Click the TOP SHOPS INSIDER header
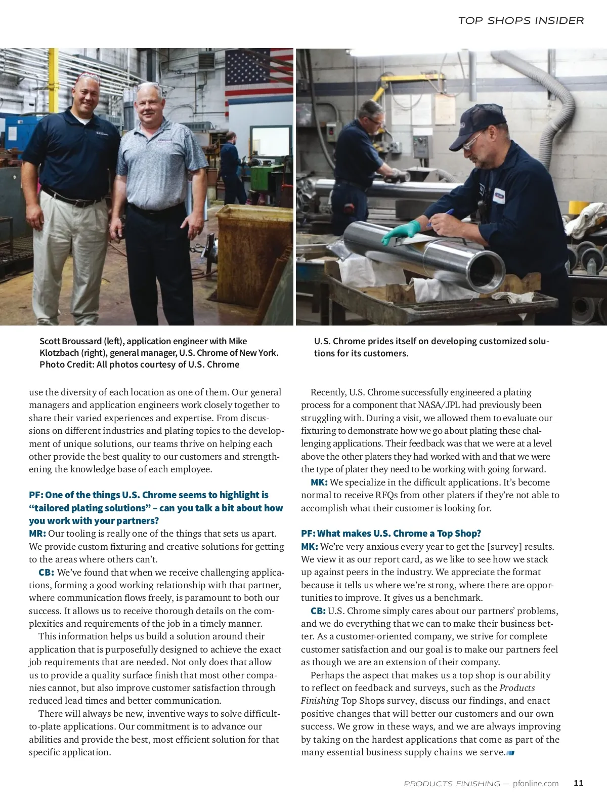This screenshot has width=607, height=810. point(521,21)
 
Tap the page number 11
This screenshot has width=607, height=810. point(579,783)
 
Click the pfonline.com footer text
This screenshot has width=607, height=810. point(536,784)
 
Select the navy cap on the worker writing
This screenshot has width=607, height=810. point(478,124)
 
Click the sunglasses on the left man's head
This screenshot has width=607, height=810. point(88,77)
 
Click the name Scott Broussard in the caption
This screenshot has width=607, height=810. point(71,341)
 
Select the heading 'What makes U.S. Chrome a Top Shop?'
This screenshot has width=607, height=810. point(391,534)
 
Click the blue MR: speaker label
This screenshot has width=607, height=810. point(37,534)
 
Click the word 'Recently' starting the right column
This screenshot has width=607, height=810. point(328,392)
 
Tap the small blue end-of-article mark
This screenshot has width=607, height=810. point(510,753)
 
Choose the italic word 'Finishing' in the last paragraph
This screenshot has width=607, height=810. point(320,701)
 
